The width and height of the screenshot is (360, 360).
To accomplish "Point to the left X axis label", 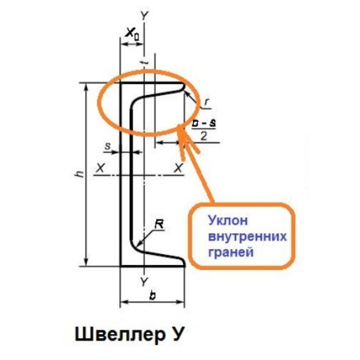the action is pos(100,168).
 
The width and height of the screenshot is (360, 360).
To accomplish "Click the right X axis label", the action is pos(179,168).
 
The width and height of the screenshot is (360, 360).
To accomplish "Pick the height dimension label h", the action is pos(79,175).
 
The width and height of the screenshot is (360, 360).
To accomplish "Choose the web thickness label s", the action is pos(107,146).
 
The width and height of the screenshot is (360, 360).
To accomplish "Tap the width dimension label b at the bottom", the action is pos(152,295).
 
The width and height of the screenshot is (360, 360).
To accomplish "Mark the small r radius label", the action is pos(206,103).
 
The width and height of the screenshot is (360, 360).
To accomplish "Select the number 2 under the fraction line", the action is pos(203,136).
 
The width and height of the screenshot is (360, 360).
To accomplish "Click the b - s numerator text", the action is pos(204,123).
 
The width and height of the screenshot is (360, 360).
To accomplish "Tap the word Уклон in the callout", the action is pos(228,221).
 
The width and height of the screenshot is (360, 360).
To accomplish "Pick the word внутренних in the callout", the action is pos(248,237).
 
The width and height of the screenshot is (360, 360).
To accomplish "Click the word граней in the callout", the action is pos(231,252).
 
